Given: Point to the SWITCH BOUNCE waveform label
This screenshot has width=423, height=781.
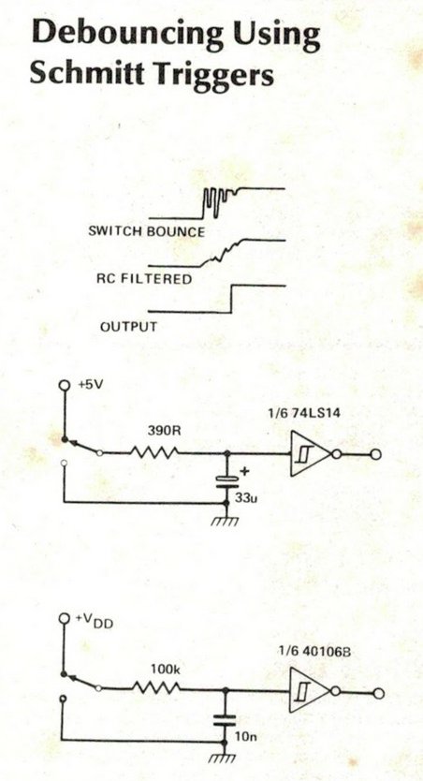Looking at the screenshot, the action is pos(146,231).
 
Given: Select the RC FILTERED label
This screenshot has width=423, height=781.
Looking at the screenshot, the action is pos(144,278).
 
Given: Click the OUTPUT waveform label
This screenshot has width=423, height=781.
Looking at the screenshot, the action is pos(128,327).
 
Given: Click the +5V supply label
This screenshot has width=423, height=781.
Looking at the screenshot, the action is pos(90,385).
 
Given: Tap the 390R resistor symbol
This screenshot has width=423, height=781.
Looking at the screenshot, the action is pos(154,452).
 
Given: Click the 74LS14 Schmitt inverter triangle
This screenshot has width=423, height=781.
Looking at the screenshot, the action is pos(309,454).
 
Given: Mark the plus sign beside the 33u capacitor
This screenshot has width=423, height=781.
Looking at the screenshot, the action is pos(244,471).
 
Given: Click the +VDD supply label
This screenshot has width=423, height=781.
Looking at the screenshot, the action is pos(94,620).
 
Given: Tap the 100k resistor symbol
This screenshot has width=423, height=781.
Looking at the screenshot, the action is pos(155,688).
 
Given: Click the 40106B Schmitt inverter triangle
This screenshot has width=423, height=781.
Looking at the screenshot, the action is pos(309,691).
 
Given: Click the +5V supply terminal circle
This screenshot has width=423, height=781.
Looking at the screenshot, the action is pos(64,385).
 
